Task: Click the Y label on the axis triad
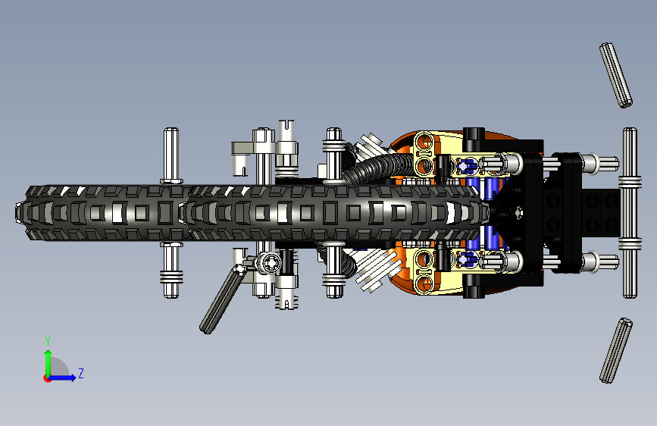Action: coord(48,340)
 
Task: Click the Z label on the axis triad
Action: coord(80,374)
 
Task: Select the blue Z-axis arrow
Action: coord(64,377)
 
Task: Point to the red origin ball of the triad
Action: coord(47,378)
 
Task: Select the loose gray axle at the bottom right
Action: coord(616,350)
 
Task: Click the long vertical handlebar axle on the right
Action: coord(630,212)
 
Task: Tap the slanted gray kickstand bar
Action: coord(221,301)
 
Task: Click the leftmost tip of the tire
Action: coord(18,213)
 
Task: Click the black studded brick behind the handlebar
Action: coord(603,211)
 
